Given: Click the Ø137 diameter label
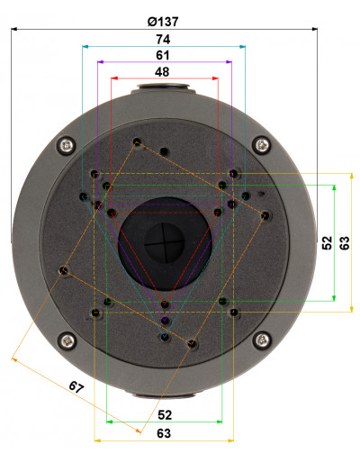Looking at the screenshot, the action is coord(163,22).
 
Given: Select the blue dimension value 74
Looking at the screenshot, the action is coord(163,40).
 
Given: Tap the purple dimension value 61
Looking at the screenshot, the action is coord(163,55).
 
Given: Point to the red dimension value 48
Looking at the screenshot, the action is coord(162,72).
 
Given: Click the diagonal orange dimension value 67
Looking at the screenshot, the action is coord(76,386).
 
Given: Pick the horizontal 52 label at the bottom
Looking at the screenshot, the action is coord(165,415).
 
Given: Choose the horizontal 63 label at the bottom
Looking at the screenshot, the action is coord(164,433).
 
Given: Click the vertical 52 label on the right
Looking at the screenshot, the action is coord(327,243).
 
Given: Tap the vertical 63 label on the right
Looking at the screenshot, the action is coord(345,243).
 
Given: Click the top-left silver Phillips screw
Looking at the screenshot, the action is coord(67,146).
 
